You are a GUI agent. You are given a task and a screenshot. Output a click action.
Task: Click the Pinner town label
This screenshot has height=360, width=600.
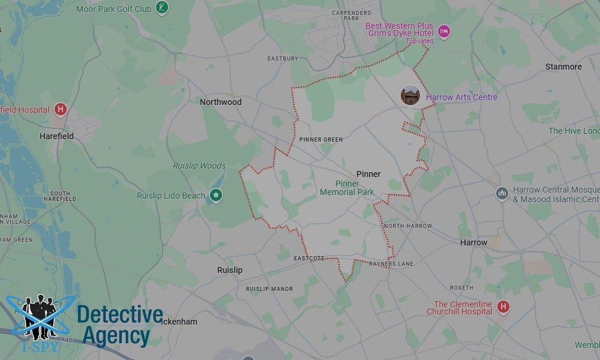point(368,174)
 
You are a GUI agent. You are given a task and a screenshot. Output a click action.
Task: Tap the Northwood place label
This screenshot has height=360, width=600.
point(221,102)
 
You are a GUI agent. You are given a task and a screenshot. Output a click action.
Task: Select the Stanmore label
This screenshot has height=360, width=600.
point(563,67)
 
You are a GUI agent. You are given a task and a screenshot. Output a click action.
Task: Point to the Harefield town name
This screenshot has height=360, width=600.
point(56,136)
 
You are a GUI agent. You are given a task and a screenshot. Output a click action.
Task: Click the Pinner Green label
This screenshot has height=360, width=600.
point(321,140)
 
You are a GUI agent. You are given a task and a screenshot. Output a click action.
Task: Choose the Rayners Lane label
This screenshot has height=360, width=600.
point(391,264)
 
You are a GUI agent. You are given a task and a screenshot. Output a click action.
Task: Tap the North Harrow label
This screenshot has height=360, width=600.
point(408,226)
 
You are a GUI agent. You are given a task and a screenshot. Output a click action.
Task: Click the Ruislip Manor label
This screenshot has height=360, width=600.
point(269,289)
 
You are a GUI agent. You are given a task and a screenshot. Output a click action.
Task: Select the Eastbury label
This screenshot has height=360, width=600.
point(283,59)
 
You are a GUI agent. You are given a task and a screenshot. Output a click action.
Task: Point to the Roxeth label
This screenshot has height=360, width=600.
point(462,288)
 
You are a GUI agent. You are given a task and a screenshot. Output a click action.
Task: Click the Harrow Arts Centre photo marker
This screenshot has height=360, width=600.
point(410,96)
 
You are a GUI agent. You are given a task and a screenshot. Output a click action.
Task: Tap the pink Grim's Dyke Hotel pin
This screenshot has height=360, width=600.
point(443,31)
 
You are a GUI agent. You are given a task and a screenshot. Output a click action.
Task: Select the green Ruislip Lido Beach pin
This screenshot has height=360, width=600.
point(217,195)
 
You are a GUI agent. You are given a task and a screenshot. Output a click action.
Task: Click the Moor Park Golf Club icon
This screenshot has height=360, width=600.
point(161,8)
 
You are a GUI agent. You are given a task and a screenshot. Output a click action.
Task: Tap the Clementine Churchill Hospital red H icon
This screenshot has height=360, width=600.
point(503,307)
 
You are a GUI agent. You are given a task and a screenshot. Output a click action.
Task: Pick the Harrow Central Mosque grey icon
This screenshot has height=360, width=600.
point(502,193)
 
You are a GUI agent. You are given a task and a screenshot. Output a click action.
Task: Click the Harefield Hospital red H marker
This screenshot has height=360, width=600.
point(60,110)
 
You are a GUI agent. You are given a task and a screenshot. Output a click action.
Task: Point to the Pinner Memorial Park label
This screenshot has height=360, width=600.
point(347,188)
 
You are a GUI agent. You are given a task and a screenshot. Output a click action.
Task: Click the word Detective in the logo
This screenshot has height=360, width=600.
point(120,315)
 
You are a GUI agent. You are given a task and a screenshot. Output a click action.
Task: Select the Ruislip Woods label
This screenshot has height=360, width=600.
point(199,166)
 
